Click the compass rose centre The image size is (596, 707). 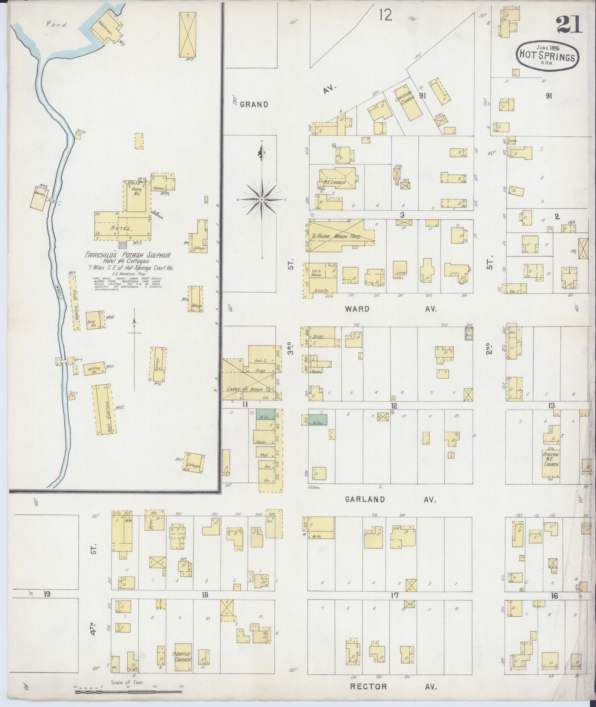262,200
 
